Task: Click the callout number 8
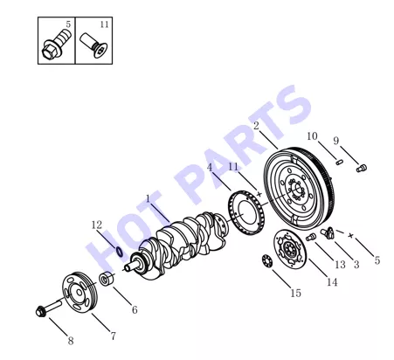(71, 341)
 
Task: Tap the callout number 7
(114, 336)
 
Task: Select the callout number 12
(97, 225)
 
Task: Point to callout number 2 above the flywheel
(256, 126)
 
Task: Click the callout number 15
(295, 293)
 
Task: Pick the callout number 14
(332, 282)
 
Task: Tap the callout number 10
(312, 136)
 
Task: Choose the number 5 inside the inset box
(68, 24)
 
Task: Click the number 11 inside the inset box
(104, 24)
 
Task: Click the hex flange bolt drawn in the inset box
(56, 45)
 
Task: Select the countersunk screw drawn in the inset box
(93, 45)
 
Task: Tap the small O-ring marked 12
(119, 252)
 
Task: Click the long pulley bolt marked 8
(48, 308)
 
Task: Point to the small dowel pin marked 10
(339, 162)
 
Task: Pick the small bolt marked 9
(362, 168)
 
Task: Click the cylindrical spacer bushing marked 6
(106, 279)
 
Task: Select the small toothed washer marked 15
(267, 260)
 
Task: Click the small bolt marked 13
(311, 237)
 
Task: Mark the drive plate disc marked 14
(290, 249)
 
